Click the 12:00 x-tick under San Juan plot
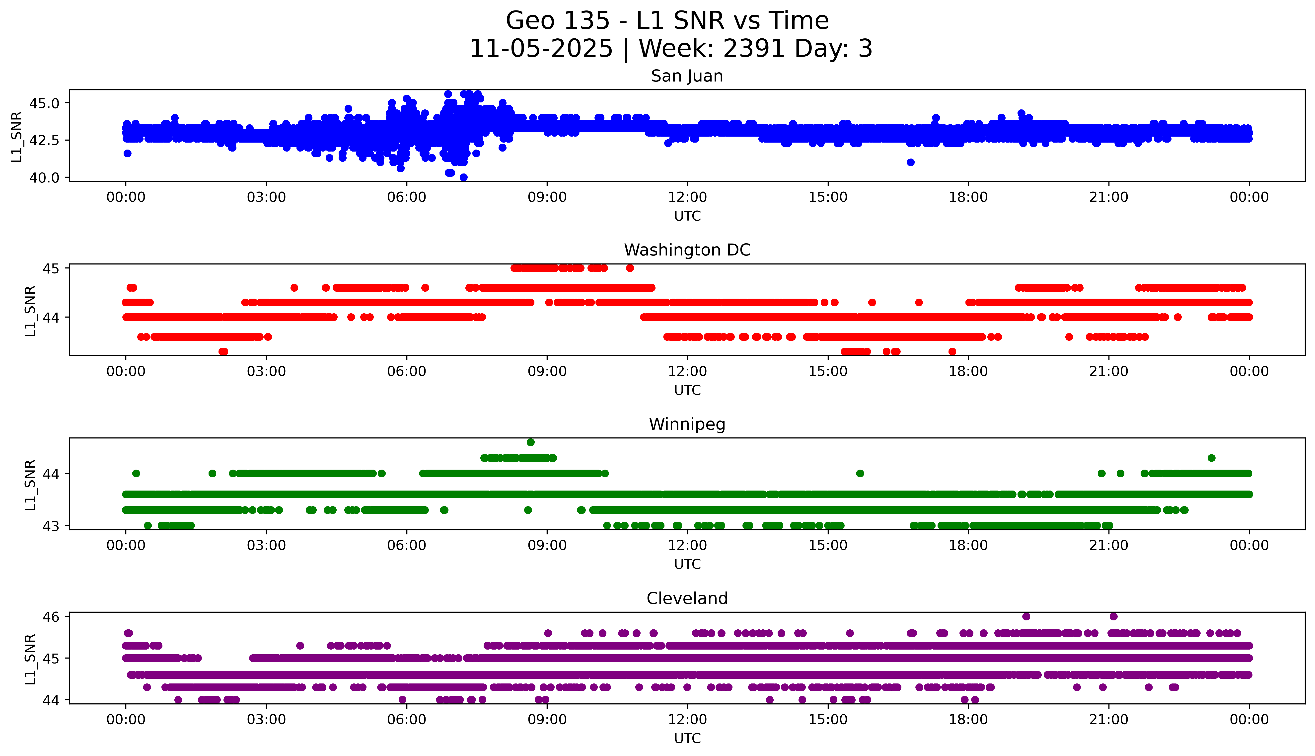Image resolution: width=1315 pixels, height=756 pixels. click(687, 197)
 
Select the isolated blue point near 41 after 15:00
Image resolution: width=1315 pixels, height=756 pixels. click(910, 163)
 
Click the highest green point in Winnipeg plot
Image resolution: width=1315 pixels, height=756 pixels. click(530, 442)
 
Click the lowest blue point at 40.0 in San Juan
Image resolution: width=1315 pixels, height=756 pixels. click(463, 177)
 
